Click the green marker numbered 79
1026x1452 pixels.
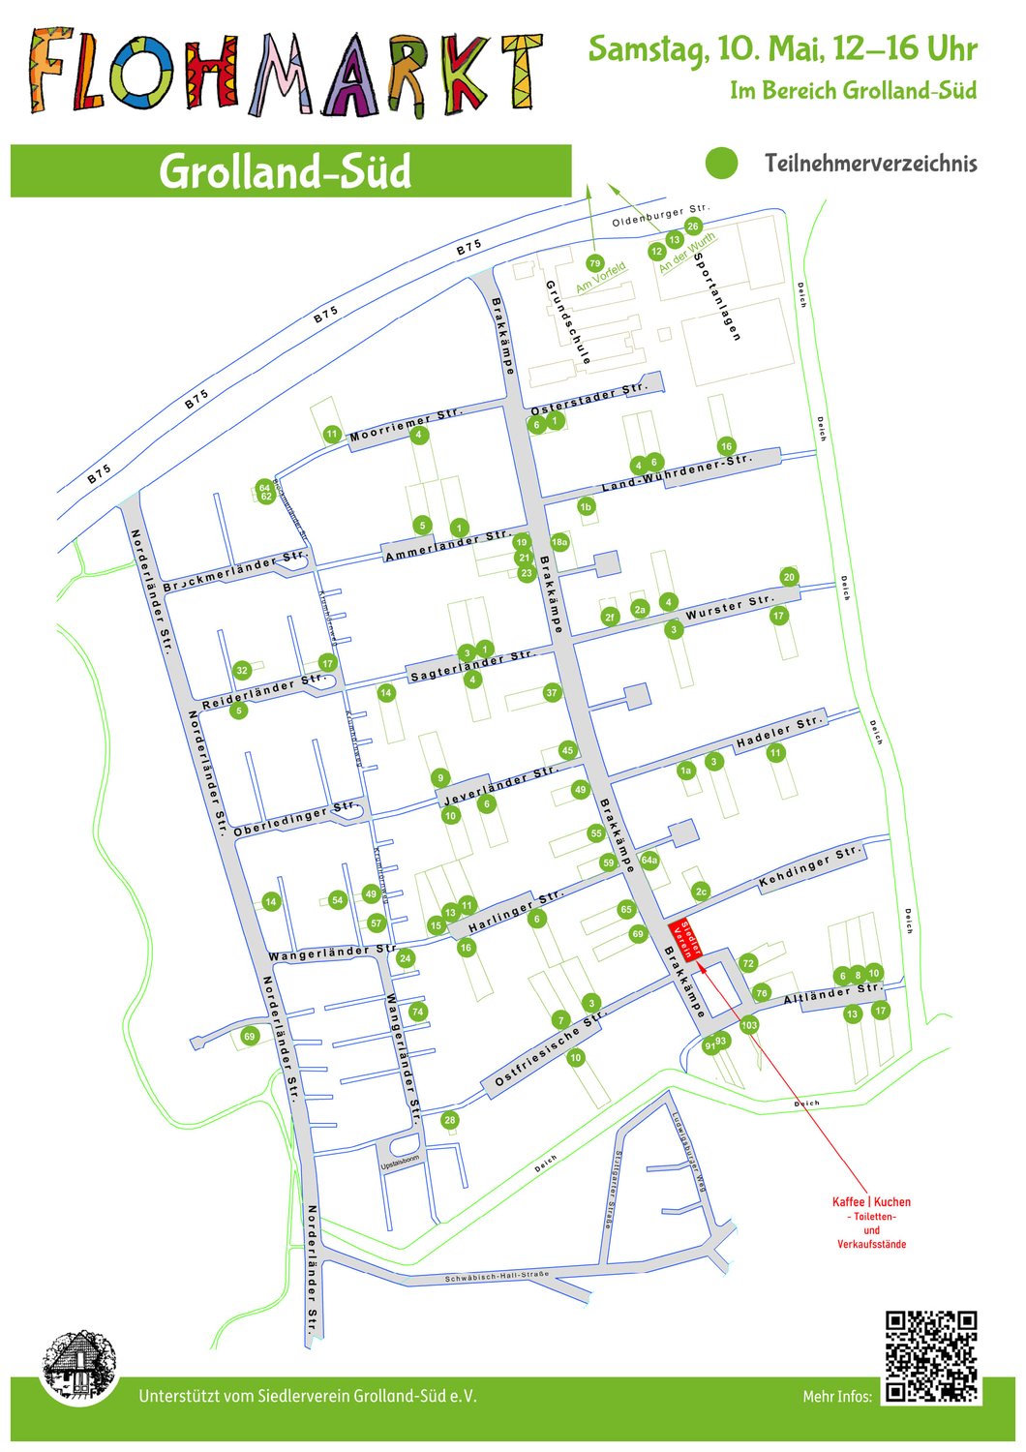pos(594,263)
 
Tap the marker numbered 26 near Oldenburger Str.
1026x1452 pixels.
pos(693,227)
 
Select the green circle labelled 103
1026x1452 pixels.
pos(749,1025)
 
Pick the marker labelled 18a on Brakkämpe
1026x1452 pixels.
pos(559,543)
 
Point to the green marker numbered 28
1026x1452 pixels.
pos(450,1120)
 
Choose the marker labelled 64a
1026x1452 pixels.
pos(649,860)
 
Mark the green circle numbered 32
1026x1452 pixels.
pos(242,670)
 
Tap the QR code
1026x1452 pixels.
pos(931,1356)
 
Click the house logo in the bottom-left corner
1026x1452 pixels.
pos(78,1365)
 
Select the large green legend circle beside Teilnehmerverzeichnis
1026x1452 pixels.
pos(721,164)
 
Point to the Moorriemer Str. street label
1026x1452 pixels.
pos(406,424)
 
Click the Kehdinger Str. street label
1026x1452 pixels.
pos(809,867)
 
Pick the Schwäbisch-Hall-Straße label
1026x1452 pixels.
pos(497,1277)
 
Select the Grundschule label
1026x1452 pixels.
pos(568,322)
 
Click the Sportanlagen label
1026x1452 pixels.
pos(717,297)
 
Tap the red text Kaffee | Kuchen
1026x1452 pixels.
pos(871,1202)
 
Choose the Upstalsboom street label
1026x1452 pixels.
pos(400,1160)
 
